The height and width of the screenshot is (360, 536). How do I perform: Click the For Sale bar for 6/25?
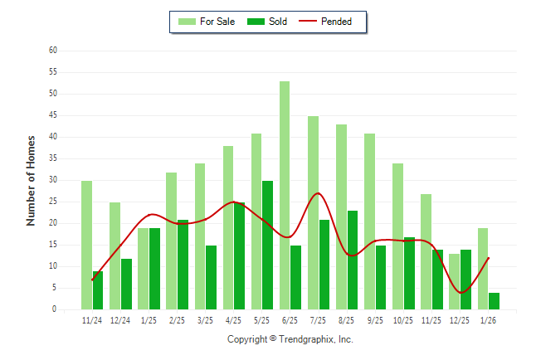click(x=285, y=195)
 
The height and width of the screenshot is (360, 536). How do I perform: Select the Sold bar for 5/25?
click(x=268, y=245)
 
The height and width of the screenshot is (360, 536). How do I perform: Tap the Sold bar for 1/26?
click(x=495, y=300)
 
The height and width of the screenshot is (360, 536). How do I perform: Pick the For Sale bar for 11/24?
click(x=86, y=245)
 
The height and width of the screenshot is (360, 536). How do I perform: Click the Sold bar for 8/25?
click(x=353, y=260)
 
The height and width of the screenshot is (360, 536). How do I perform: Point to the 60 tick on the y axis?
click(x=52, y=50)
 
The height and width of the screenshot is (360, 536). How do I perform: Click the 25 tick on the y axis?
click(x=52, y=202)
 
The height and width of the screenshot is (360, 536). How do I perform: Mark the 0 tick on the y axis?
click(x=54, y=309)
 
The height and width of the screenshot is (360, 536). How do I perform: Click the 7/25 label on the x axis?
click(x=319, y=320)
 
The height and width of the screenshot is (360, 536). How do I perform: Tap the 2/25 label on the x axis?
click(x=177, y=320)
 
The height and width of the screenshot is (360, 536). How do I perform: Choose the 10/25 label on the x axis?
click(x=403, y=320)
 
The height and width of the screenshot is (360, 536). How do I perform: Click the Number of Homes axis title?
click(x=32, y=180)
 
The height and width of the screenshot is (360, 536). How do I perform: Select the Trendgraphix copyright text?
click(x=290, y=339)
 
